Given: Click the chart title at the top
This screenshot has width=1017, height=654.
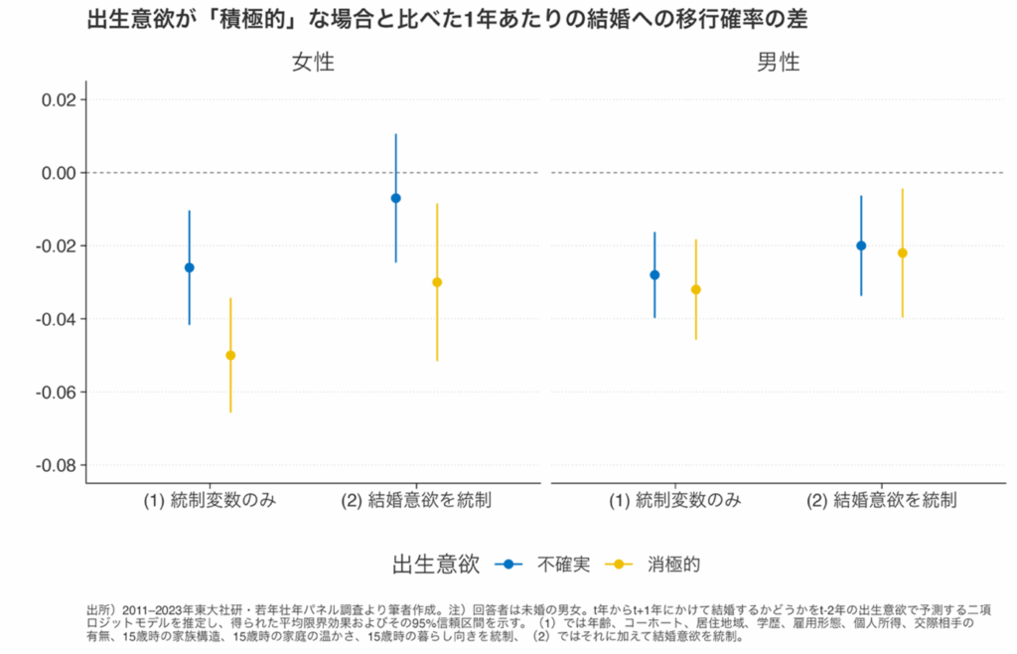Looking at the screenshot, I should pos(447,21).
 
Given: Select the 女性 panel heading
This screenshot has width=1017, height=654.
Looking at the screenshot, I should pos(313,63).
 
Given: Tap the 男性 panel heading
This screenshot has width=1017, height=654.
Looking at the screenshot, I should pos(778,63).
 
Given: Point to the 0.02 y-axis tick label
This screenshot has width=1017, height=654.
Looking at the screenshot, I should pos(59,99).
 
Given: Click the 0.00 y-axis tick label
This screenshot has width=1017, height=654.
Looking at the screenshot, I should pos(59,173).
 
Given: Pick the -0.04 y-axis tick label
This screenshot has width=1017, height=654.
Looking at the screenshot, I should pos(56,319).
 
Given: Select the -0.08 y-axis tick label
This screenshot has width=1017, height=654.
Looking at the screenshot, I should pos(56,465).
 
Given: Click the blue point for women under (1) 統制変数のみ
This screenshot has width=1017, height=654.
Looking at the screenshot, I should pos(190,267).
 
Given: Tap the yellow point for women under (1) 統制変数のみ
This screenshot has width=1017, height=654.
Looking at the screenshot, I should pos(230,355).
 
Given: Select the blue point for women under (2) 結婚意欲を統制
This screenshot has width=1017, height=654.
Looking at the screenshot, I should pos(396,198).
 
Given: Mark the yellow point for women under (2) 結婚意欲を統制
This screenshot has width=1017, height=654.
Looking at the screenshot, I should pos(437,282).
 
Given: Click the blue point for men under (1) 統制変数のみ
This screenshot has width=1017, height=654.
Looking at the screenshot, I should pos(654,274).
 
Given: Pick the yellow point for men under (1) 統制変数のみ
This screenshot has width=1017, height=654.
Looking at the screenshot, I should pos(695,289).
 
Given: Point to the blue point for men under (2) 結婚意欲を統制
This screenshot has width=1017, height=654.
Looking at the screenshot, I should pos(861,245).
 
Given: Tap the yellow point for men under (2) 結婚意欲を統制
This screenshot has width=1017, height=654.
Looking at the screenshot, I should pos(902,252).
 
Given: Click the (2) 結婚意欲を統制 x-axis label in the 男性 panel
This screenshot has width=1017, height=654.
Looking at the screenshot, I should pos(882,501).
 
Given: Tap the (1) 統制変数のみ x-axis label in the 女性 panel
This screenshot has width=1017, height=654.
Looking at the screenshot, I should pos(210,501).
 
